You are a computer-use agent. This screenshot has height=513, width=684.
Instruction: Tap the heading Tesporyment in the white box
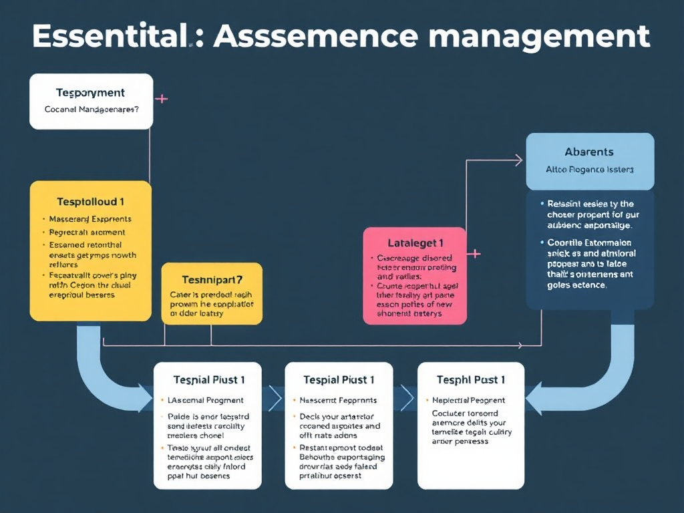pos(90,93)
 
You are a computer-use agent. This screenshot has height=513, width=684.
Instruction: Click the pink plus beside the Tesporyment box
pos(161,100)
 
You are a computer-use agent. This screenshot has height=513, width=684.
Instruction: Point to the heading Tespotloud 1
pos(90,201)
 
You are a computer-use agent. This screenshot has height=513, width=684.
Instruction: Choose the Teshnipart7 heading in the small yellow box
pos(212,279)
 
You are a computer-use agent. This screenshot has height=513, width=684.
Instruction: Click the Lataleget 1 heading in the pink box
pos(415,243)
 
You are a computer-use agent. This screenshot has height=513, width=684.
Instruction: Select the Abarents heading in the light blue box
pos(589,152)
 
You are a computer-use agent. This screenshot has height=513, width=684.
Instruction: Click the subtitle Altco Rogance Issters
pos(589,170)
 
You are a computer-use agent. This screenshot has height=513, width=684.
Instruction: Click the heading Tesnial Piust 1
pos(209,379)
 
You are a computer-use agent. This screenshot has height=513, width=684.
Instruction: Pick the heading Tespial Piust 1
pos(339,379)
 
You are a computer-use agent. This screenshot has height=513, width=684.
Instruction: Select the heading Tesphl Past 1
pos(470,379)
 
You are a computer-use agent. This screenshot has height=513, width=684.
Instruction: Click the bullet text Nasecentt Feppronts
pos(338,400)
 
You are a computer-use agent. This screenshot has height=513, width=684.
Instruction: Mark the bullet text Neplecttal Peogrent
pos(468,400)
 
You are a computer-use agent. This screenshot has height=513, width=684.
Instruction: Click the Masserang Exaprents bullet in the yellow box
pos(90,219)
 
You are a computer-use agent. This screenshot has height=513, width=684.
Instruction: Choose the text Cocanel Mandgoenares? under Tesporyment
pos(92,109)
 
